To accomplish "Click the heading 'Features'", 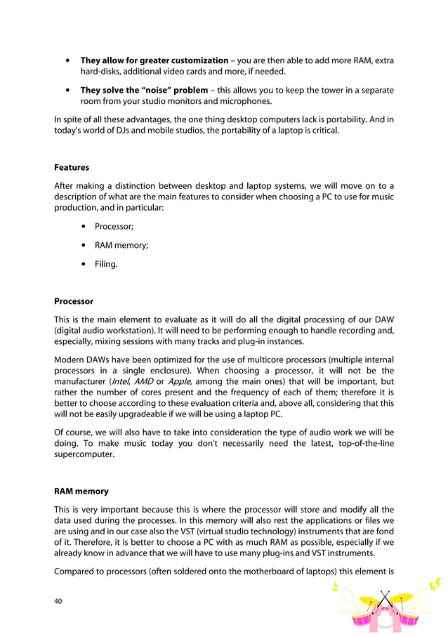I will coord(72,168).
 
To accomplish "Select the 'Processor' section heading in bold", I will coord(74,301).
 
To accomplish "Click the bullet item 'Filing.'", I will coord(107,264).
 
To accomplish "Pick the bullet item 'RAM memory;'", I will coord(121,245).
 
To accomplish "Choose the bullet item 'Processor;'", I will coord(114,227).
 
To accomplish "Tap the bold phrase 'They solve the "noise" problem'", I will coord(144,90).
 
